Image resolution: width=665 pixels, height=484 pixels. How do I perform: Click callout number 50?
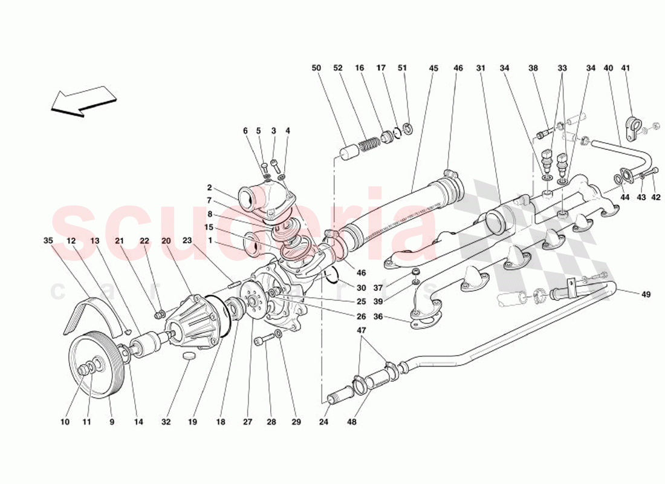coord(316,68)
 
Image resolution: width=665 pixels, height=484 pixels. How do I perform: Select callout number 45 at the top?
coord(433,68)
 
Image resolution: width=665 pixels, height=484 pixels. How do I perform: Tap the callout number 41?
coord(625,68)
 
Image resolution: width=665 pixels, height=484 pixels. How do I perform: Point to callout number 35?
coord(48,241)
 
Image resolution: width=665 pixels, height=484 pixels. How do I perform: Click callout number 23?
coord(187,241)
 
